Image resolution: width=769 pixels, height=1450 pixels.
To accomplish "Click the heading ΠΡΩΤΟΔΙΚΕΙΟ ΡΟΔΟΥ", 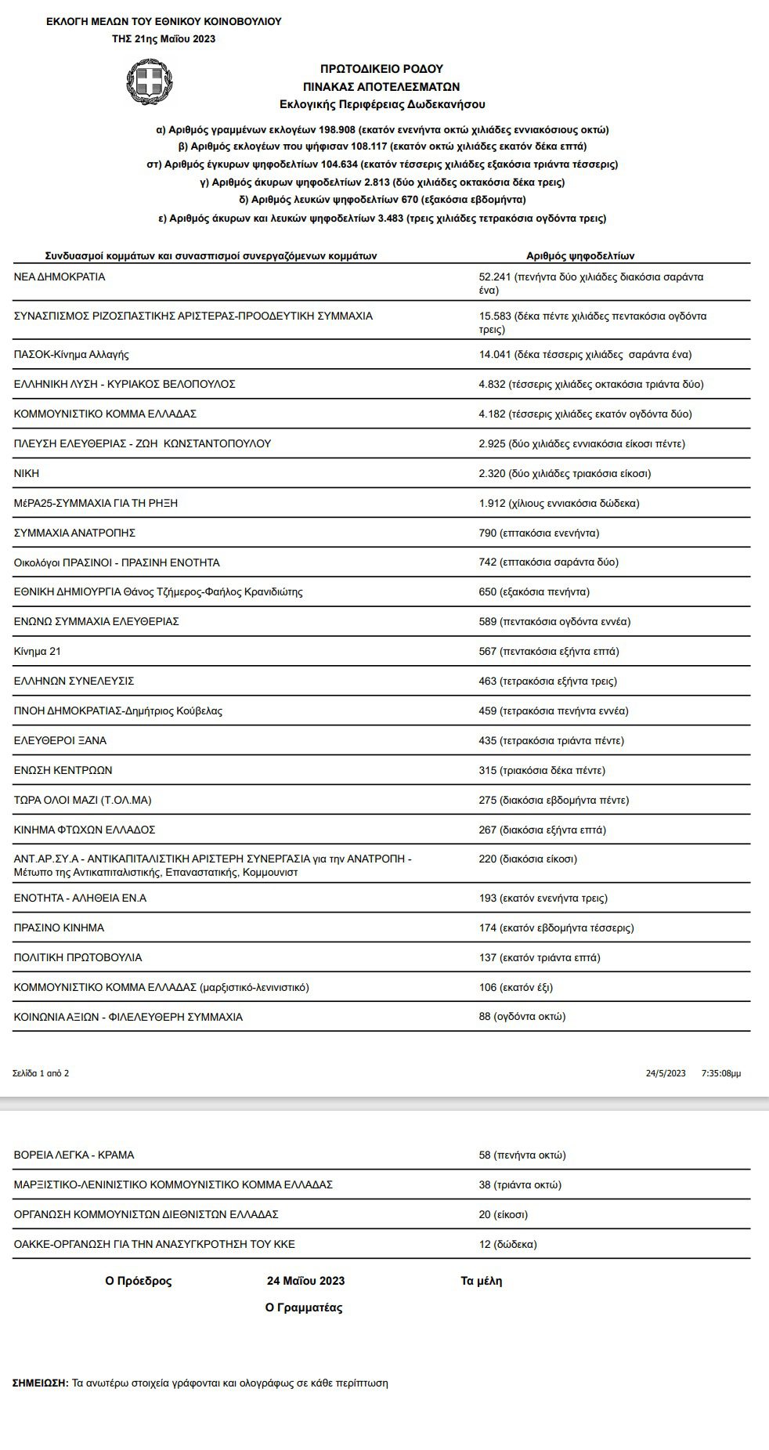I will [381, 69].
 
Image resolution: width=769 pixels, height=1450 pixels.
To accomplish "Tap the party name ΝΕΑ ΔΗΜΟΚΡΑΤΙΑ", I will [60, 277].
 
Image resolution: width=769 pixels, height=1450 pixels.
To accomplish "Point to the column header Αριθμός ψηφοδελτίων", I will [579, 255].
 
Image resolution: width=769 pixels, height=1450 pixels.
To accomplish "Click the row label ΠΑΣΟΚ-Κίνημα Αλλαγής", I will [71, 354].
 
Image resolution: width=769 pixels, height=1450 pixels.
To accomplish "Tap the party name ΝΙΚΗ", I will [27, 473].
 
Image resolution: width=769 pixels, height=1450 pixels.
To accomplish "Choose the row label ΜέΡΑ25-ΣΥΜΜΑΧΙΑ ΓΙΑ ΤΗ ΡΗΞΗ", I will [96, 503].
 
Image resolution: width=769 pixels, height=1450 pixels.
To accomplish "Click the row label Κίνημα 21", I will [38, 651].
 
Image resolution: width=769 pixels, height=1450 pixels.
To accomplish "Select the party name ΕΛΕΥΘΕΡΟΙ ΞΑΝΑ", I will [60, 740].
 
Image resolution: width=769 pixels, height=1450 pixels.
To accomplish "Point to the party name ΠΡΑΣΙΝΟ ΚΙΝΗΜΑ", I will [59, 927].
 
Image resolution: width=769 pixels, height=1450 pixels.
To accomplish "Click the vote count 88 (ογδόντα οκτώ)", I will [522, 1016].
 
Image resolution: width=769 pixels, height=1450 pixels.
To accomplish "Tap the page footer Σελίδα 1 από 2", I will [41, 1073].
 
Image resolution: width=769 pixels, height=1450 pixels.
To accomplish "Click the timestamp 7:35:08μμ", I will [721, 1073].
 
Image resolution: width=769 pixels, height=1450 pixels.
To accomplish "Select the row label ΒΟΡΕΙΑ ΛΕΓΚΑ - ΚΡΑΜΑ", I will [74, 1155].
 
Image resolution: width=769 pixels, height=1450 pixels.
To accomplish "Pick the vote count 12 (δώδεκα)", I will [507, 1244].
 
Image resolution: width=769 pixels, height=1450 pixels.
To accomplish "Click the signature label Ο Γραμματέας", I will [304, 1307].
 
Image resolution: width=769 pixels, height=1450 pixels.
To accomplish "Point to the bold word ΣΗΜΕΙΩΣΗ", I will [41, 1383].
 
